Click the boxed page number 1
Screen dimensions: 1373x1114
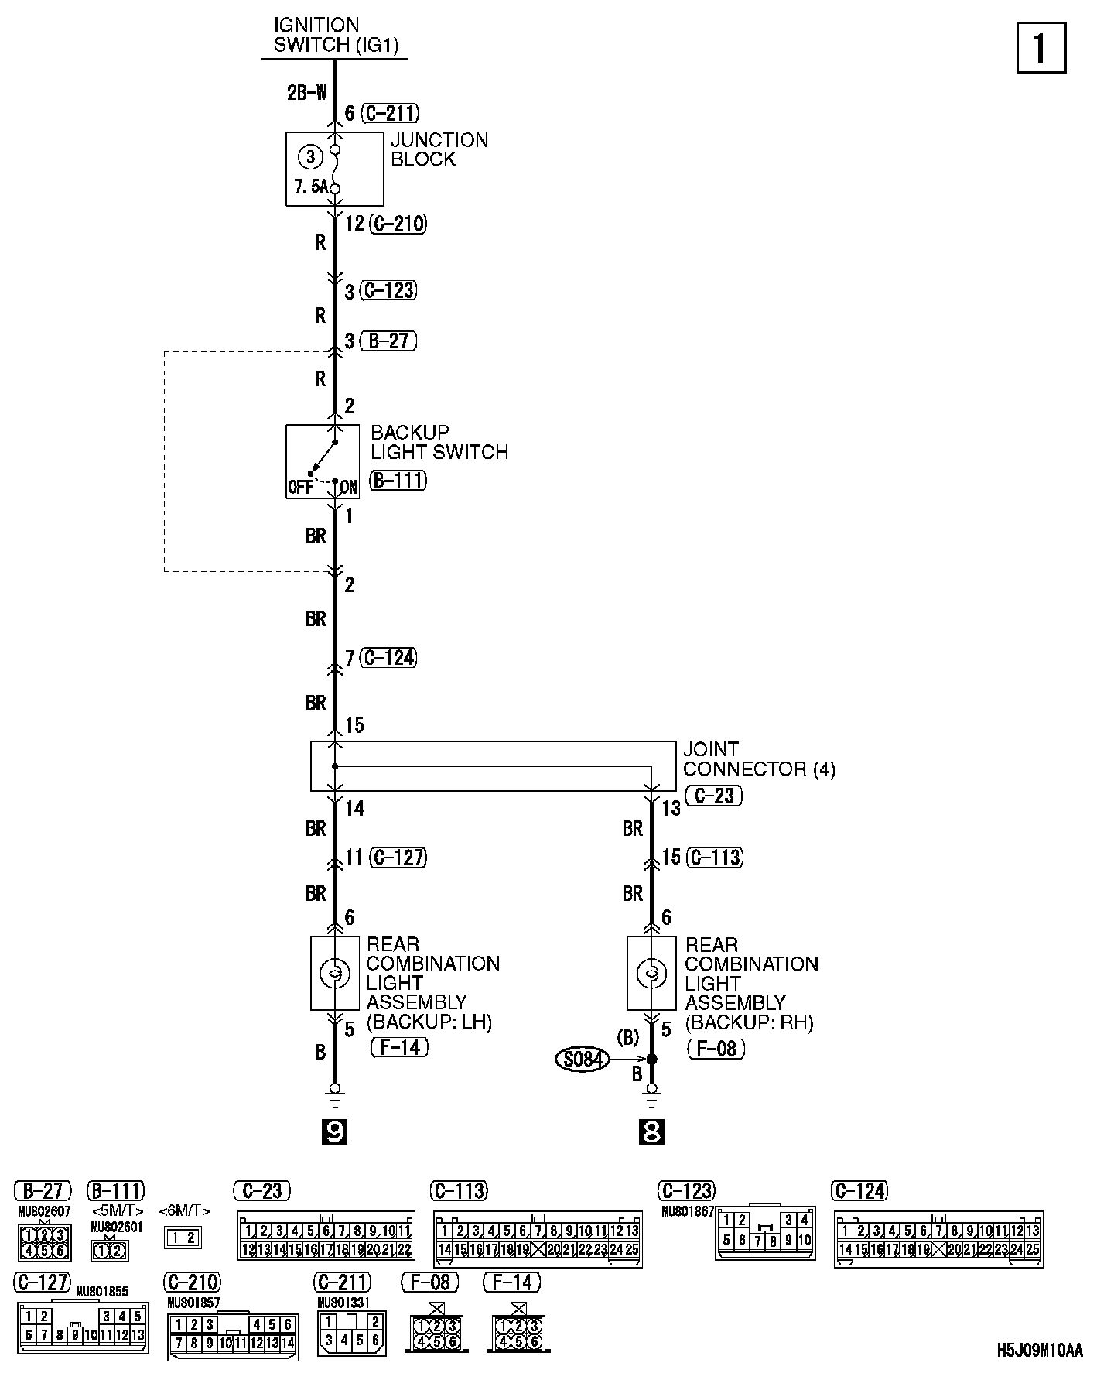(x=1041, y=48)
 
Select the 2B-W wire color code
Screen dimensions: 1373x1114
(x=307, y=94)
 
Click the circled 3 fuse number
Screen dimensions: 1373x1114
(x=310, y=158)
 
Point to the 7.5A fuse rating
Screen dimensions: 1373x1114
(x=310, y=187)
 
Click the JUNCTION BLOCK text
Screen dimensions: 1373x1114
(x=439, y=149)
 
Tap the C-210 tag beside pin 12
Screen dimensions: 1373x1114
(x=398, y=224)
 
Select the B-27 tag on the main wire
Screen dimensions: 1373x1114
(x=388, y=341)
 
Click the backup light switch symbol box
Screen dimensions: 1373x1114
(x=323, y=461)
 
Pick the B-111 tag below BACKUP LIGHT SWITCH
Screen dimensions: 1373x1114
(x=398, y=481)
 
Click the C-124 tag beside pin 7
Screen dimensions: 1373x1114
(x=389, y=658)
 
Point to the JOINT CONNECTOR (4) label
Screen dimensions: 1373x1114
(x=758, y=759)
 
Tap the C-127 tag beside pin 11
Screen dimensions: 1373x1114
(x=398, y=857)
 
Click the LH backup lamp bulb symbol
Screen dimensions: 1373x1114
(x=335, y=973)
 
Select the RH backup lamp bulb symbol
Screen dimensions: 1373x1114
(x=651, y=973)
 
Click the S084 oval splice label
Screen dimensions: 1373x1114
(x=583, y=1059)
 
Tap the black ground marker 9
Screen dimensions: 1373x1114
(x=334, y=1132)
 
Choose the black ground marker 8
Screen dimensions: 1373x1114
(x=651, y=1132)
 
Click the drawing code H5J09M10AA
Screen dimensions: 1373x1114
(x=1039, y=1351)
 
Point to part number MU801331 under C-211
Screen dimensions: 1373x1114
(x=343, y=1303)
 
